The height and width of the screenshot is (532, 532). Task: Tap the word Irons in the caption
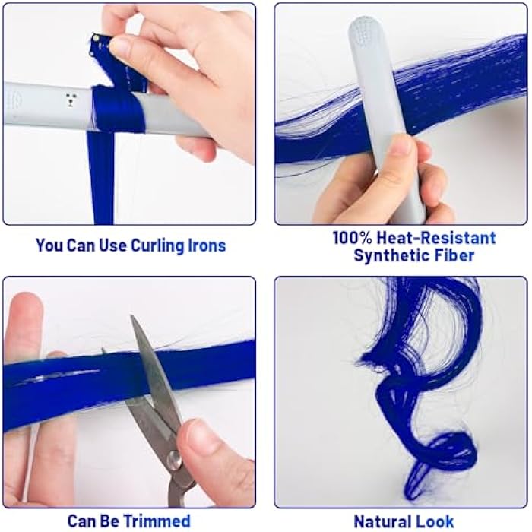click(x=207, y=245)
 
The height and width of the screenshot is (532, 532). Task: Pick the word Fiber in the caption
click(x=455, y=255)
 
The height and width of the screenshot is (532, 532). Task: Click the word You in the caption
click(x=49, y=245)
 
